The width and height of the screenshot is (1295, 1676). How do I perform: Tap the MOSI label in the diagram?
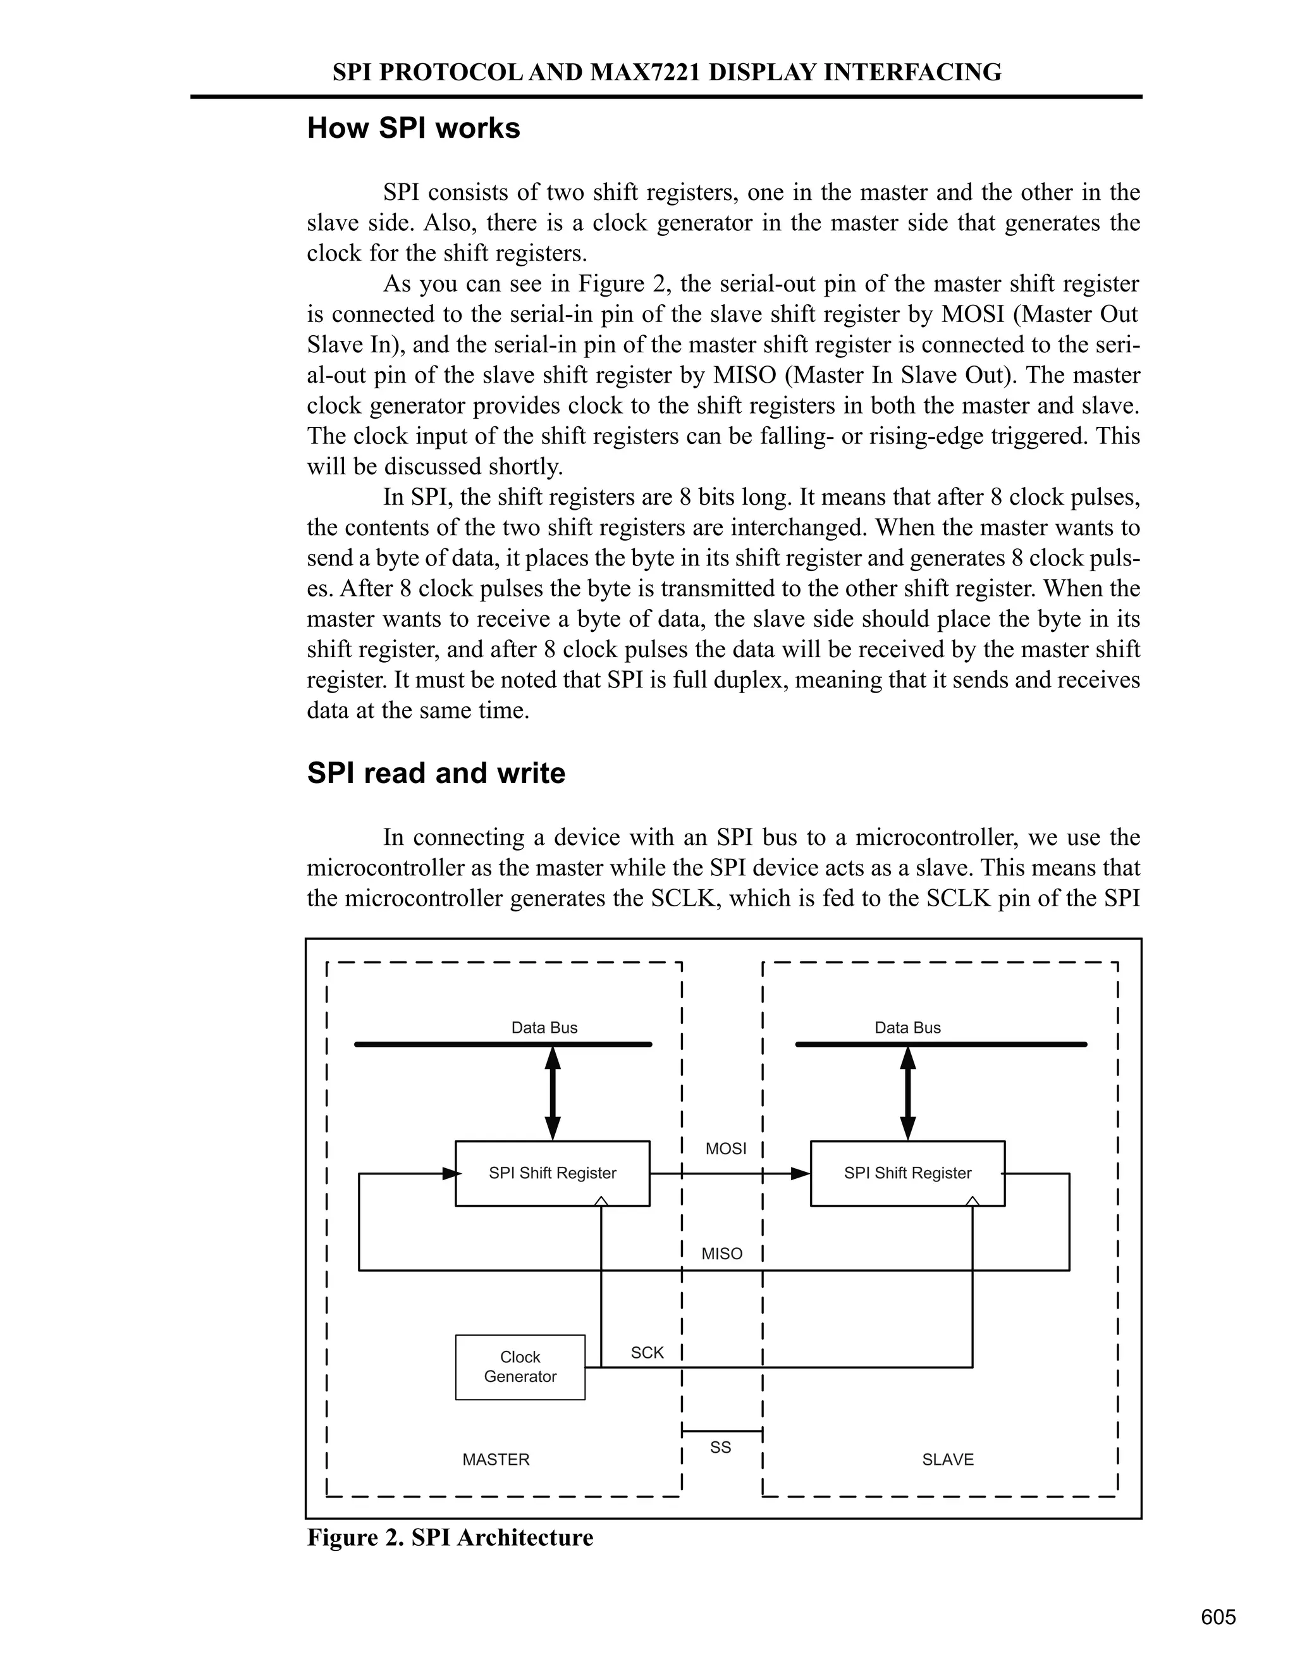(725, 1149)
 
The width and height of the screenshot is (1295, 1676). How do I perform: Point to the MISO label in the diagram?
(722, 1254)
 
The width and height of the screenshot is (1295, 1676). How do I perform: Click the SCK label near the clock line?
(647, 1353)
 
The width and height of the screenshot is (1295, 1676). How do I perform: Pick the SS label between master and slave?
(720, 1447)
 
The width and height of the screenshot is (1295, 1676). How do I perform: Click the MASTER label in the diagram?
(496, 1460)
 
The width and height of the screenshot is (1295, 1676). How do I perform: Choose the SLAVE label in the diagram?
(947, 1460)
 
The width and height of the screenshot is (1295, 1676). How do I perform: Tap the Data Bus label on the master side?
(544, 1028)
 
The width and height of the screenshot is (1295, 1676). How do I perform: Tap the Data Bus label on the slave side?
(907, 1028)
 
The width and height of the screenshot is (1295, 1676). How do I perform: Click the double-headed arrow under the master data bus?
(553, 1094)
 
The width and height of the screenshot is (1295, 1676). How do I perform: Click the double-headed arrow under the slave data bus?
(907, 1094)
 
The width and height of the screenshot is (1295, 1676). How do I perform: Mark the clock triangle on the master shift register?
(601, 1201)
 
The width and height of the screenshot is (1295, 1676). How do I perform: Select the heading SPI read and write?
(436, 773)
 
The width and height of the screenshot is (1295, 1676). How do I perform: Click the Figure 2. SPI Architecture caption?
(450, 1538)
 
